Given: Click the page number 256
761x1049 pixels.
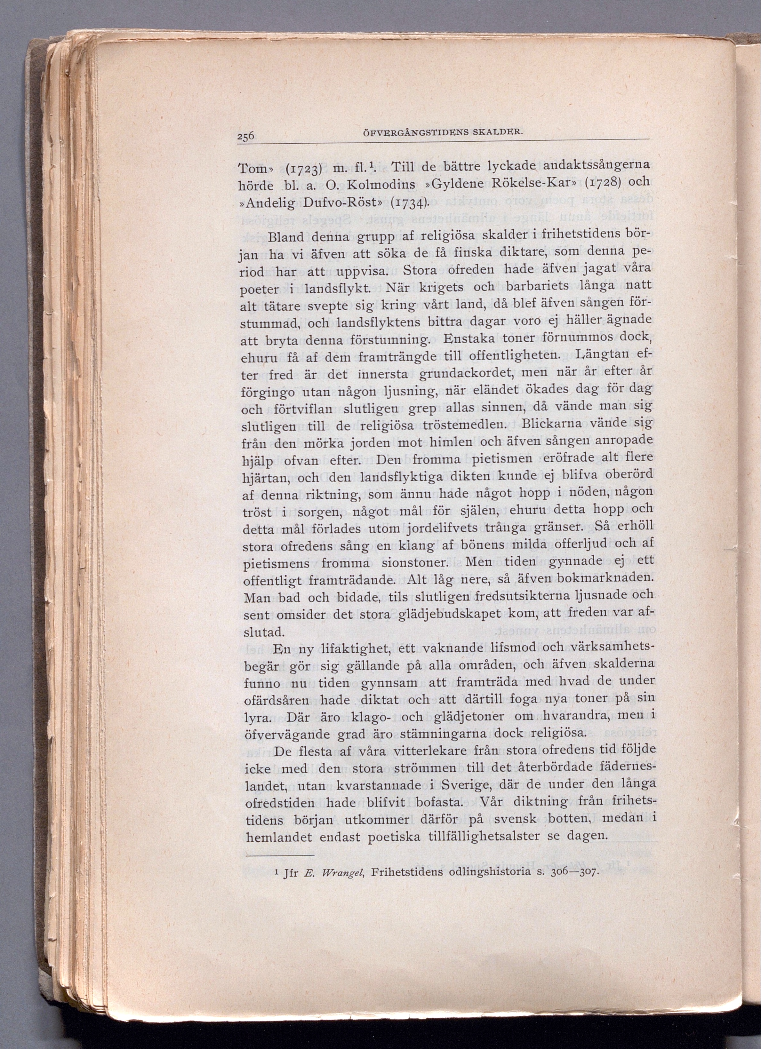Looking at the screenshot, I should click(x=246, y=136).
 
